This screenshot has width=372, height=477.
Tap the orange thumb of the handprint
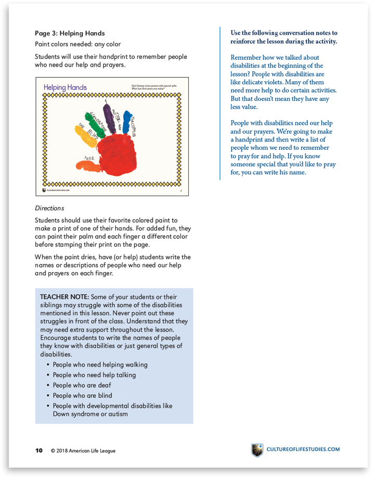pyautogui.click(x=88, y=166)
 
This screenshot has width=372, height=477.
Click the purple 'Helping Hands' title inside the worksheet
pyautogui.click(x=65, y=87)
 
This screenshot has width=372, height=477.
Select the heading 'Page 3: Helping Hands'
pyautogui.click(x=70, y=33)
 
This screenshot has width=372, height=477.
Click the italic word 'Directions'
pyautogui.click(x=49, y=208)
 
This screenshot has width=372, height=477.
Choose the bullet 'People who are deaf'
pyautogui.click(x=82, y=385)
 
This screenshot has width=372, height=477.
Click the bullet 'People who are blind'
pyautogui.click(x=82, y=396)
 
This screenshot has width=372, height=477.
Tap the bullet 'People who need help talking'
pyautogui.click(x=94, y=375)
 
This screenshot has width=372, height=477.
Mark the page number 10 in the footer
pyautogui.click(x=39, y=450)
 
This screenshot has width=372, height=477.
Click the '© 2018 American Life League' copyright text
pyautogui.click(x=83, y=450)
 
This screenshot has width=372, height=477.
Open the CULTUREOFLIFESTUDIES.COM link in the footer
pyautogui.click(x=303, y=449)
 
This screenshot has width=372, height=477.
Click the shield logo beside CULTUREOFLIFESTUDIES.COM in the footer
pyautogui.click(x=257, y=449)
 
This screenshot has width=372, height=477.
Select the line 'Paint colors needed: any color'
pyautogui.click(x=78, y=44)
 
